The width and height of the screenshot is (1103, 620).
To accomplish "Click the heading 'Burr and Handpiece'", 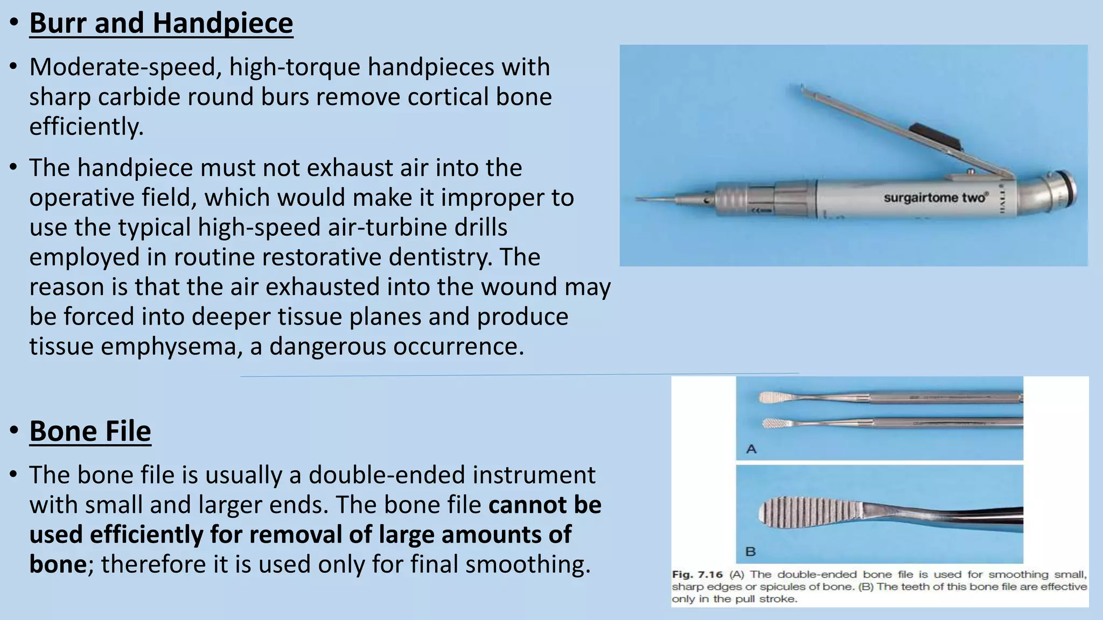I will pos(161,23).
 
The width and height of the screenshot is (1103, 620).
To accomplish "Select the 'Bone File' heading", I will pos(90,431).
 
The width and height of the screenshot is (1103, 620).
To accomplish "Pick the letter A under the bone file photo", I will pos(751,449).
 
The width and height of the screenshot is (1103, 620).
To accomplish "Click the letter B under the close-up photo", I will pos(750,551).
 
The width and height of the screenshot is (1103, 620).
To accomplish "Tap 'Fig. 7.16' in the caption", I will pos(697,575).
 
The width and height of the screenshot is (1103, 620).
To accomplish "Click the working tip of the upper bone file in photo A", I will pos(773,398).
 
